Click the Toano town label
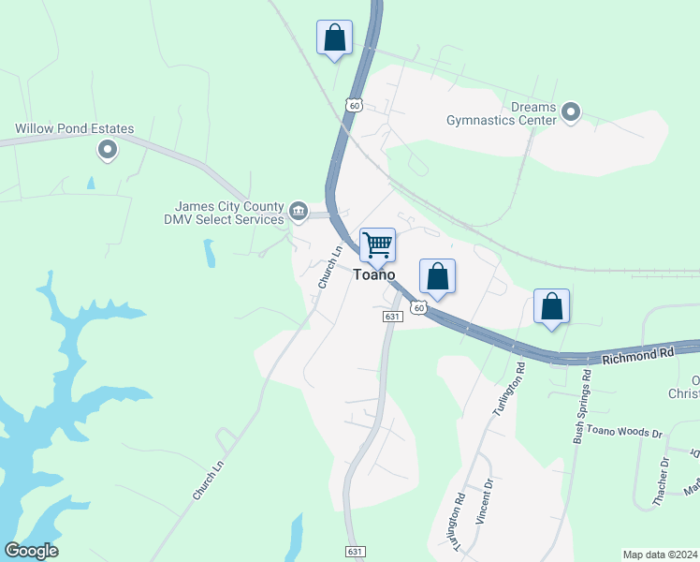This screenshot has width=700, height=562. [373, 274]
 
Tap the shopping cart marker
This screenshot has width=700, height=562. [377, 245]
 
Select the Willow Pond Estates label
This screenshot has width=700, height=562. [74, 129]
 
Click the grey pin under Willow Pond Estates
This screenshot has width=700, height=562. [108, 149]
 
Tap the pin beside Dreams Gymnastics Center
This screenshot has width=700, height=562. [572, 114]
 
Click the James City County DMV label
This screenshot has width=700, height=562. [229, 213]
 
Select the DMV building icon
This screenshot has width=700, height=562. [299, 212]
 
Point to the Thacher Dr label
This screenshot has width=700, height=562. [661, 481]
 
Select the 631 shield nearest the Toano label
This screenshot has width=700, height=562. [392, 317]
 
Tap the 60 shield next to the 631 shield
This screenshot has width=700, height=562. [418, 307]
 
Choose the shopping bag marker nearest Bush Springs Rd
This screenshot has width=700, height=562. [551, 305]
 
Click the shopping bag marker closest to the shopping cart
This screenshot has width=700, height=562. [437, 276]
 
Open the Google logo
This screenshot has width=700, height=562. [31, 551]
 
